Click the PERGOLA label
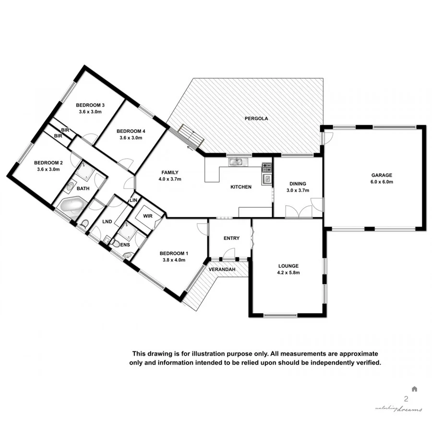coord(256,118)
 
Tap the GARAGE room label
coord(382,175)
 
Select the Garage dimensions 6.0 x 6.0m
coord(382,182)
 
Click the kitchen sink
coord(236,162)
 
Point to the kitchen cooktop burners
coord(267,168)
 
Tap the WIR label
coord(147,216)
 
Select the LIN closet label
coord(134,200)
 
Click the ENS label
coord(124,244)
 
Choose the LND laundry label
coord(108,222)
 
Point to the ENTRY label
coord(231,238)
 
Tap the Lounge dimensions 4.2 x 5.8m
coord(288,272)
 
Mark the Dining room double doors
coord(297,211)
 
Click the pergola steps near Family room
coord(190,137)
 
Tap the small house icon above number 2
coord(414,389)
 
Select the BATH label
coord(83,189)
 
